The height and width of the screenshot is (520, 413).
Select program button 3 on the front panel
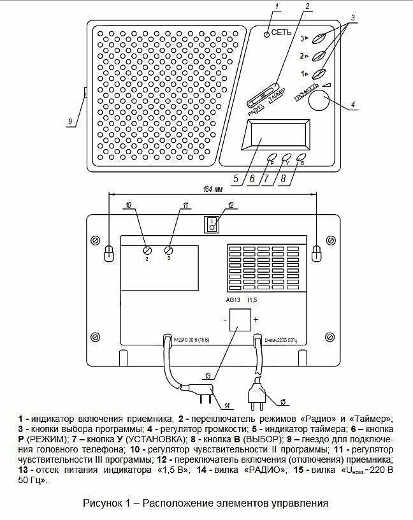coord(324,38)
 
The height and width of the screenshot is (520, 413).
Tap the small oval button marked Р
coord(272,159)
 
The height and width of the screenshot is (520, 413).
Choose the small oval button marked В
coord(303,159)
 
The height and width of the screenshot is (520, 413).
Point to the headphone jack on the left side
coord(85,94)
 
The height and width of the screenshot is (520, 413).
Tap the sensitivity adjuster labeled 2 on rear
coord(147,250)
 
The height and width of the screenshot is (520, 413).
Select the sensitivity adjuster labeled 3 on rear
coord(169,250)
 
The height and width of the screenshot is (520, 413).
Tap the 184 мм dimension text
coord(214,189)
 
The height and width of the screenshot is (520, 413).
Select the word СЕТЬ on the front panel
coord(282,32)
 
